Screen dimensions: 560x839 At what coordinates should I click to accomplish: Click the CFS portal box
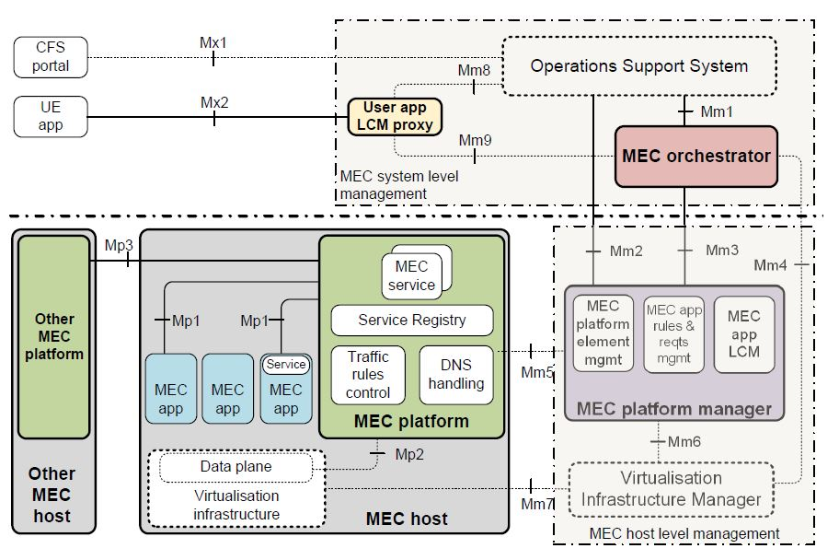coord(52,57)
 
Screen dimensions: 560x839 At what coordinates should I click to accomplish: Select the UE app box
coord(51,116)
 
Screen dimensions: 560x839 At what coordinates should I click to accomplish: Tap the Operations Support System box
coord(639,65)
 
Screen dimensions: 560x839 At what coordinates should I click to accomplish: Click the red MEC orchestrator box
coord(695,156)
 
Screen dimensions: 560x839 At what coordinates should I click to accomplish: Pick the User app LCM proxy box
coord(395,116)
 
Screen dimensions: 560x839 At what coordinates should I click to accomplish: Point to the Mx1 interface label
coord(213,43)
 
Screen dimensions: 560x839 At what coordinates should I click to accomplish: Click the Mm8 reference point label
coord(474,70)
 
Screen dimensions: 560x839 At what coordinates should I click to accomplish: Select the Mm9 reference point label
coord(475,140)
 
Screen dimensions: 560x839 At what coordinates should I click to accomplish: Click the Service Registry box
coord(411,321)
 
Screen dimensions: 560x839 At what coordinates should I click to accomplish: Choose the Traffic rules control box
coord(368,374)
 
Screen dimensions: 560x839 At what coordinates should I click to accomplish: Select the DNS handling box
coord(455,374)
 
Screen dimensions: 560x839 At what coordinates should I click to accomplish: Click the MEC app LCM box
coord(743,332)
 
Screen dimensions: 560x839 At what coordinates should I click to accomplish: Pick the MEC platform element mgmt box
coord(603,332)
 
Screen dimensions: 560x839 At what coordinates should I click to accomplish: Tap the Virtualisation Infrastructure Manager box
coord(672,488)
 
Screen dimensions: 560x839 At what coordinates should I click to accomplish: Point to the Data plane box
coord(236,467)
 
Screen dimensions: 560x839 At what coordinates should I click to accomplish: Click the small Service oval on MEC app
coord(286,365)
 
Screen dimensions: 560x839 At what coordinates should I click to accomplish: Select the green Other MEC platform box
coord(54,336)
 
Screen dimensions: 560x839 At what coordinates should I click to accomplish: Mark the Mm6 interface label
coord(684,442)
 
